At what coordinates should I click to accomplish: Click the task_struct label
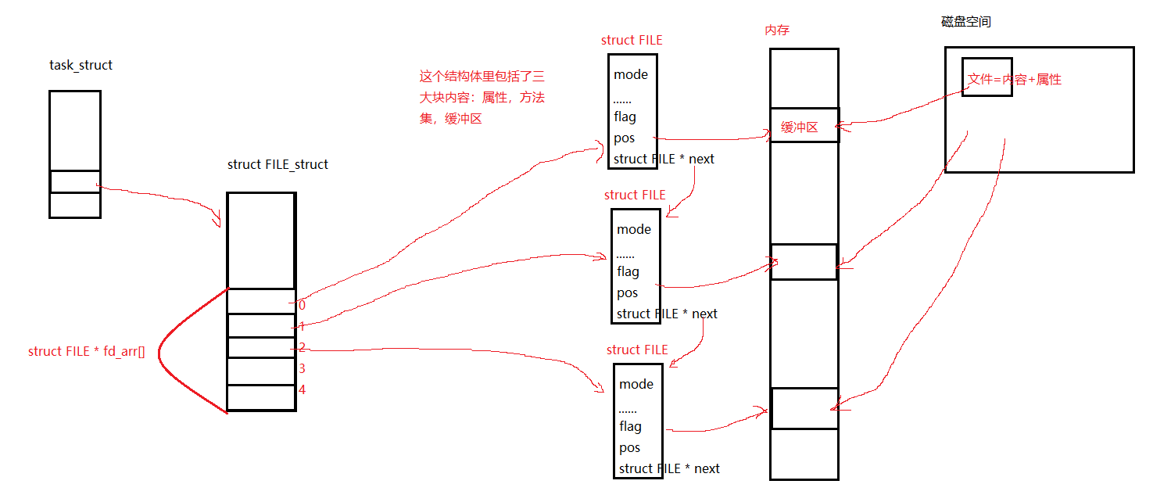click(x=81, y=65)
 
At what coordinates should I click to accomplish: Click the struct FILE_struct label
click(x=278, y=164)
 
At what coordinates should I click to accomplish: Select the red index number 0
click(x=302, y=306)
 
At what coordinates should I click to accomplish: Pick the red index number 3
click(x=302, y=368)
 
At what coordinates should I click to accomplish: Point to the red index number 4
click(x=302, y=389)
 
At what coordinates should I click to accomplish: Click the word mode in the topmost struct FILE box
click(x=631, y=75)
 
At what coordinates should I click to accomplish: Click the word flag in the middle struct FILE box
click(x=628, y=271)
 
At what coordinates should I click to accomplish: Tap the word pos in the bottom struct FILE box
click(x=629, y=447)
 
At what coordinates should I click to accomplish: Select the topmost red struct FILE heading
click(x=632, y=40)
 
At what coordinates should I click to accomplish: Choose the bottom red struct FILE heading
click(x=637, y=350)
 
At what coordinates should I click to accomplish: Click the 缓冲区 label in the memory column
click(x=799, y=127)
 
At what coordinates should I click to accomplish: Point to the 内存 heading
click(x=777, y=30)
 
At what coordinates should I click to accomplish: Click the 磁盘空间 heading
click(x=965, y=22)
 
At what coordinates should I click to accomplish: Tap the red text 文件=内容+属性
click(x=1014, y=79)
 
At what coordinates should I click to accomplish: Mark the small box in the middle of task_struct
click(x=75, y=181)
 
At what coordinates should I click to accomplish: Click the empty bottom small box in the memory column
click(x=804, y=408)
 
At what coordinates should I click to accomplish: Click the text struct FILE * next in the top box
click(x=664, y=159)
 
